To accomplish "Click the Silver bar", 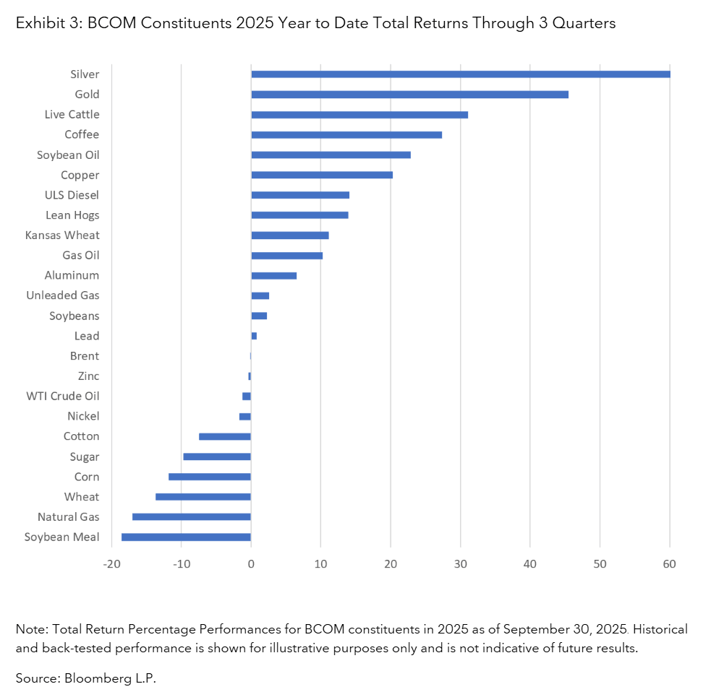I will tap(460, 74).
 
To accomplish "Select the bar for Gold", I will tap(409, 94).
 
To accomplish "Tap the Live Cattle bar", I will tap(359, 114).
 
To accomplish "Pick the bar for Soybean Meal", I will tap(186, 537).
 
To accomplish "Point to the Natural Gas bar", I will tap(192, 516).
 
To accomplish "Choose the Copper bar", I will tap(322, 175).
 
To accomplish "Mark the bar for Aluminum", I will tap(273, 275).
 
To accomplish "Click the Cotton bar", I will tap(225, 436).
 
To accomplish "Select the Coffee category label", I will tap(81, 134).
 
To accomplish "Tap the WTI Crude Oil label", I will tap(63, 396).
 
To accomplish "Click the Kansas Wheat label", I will tap(62, 235).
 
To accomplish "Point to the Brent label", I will tap(85, 355).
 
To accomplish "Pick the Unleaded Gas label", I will tap(63, 295).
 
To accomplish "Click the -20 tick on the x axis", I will tap(111, 563).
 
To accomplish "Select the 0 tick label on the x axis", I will tap(251, 563).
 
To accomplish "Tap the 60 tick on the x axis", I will tap(670, 563).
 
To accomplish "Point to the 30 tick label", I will tap(460, 563).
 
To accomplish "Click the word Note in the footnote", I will tap(30, 629).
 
